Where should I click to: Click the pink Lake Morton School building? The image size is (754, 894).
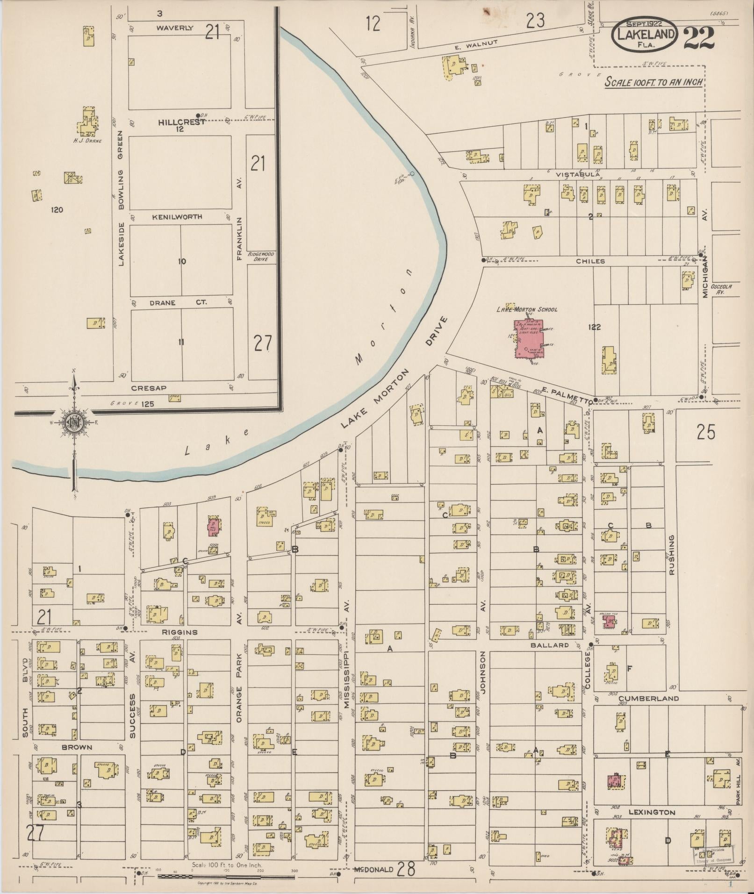528,339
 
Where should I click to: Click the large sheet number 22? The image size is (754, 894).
699,38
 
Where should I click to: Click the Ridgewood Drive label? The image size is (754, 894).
261,256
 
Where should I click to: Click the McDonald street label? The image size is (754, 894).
372,870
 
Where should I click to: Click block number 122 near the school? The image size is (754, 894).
594,327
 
